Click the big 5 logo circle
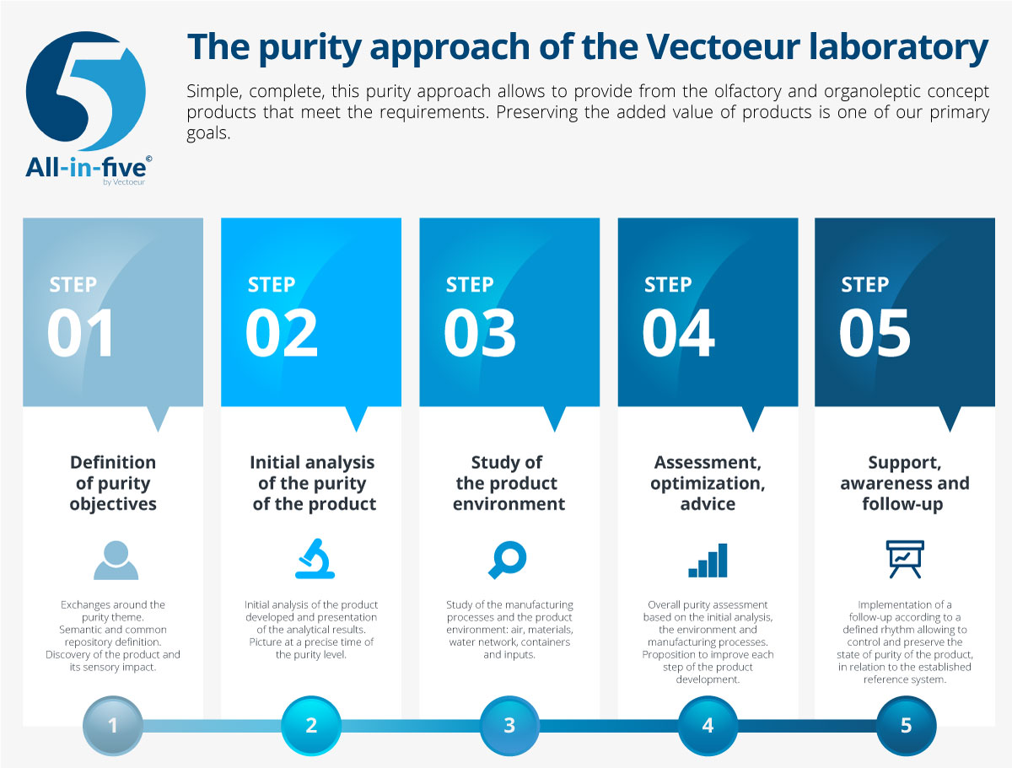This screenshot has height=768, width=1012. [86, 91]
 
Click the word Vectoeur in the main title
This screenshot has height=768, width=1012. [723, 46]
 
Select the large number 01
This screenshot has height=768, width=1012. [80, 333]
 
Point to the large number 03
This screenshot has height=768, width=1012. [480, 333]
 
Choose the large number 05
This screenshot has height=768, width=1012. [875, 333]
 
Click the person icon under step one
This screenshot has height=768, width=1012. [116, 560]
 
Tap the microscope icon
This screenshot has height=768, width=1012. [315, 558]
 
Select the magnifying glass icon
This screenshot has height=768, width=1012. [507, 560]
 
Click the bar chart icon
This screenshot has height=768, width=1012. [708, 561]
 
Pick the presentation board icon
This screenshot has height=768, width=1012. [905, 559]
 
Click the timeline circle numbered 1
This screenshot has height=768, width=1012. [113, 726]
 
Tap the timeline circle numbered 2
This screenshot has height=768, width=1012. [311, 726]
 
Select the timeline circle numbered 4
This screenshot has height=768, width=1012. [708, 726]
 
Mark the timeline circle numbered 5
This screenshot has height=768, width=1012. [906, 726]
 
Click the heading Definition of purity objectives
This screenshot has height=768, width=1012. [113, 483]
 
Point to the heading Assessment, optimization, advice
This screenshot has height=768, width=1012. [708, 483]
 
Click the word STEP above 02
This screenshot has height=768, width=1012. [272, 285]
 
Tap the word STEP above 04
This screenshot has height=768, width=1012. [668, 285]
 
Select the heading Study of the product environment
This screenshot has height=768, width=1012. [509, 483]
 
